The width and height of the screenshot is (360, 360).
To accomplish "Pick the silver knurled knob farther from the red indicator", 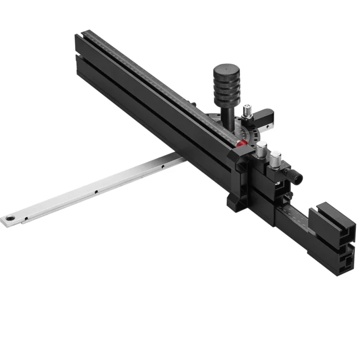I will (276, 157).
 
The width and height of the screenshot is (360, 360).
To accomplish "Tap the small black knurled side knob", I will (297, 178).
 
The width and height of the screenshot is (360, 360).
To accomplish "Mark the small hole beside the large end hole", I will (26, 218).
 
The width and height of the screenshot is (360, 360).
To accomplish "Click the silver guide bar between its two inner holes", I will (129, 179).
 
